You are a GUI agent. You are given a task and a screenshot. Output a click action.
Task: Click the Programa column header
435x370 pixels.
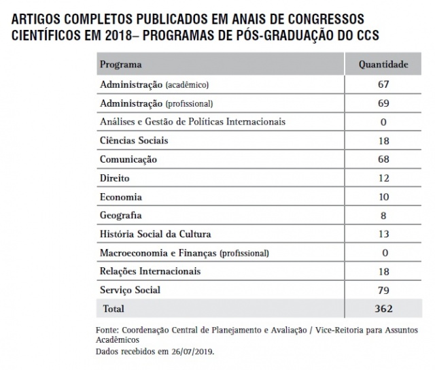[x=120, y=65]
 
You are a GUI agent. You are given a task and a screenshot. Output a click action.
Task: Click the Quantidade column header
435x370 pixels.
[x=383, y=65]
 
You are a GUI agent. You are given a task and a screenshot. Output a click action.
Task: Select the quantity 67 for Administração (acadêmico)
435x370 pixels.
[x=383, y=84]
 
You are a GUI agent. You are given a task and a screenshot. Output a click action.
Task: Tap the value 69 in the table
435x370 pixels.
[x=383, y=103]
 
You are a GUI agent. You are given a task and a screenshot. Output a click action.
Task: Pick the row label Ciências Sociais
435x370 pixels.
[x=134, y=141]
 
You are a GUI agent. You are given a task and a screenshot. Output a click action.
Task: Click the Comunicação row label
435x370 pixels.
[x=128, y=159]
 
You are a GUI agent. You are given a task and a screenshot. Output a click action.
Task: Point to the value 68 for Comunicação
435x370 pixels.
[x=383, y=159]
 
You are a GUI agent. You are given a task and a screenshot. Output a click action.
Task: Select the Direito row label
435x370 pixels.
[x=114, y=178]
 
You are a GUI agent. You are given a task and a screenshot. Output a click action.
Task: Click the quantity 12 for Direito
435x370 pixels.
[x=383, y=178]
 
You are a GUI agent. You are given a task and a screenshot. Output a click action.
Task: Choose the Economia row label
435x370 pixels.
[x=120, y=197]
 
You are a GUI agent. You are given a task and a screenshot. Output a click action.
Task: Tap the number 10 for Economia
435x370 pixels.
[x=383, y=197]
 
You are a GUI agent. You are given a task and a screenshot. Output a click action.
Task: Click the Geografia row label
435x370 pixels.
[x=120, y=216]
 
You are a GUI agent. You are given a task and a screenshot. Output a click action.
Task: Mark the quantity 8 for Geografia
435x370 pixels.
[x=383, y=216]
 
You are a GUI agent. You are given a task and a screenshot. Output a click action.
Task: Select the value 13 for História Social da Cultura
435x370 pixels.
[x=383, y=234]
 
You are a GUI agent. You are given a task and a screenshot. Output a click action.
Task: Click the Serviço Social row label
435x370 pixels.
[x=130, y=290]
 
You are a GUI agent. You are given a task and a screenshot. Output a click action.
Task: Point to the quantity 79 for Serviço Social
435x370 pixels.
[x=383, y=290]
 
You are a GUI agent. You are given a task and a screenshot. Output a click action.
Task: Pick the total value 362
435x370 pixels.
[x=383, y=308]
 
